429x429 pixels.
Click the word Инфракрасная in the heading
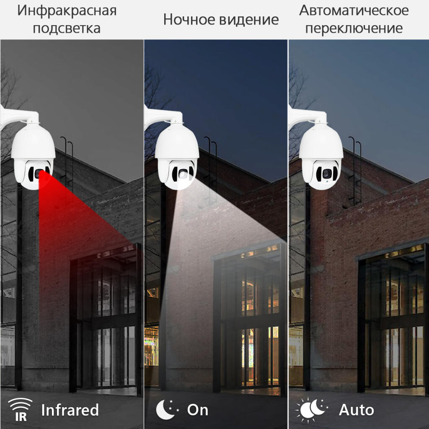[x=67, y=10]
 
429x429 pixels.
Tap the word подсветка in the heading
[x=67, y=28]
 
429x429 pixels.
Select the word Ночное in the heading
[x=188, y=19]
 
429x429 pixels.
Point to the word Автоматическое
[x=354, y=10]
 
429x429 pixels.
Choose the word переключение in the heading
[x=354, y=28]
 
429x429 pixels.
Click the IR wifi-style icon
[x=20, y=410]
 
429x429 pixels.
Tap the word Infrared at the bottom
[x=70, y=410]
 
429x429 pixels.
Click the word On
[x=198, y=410]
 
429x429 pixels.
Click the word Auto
[x=357, y=410]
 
